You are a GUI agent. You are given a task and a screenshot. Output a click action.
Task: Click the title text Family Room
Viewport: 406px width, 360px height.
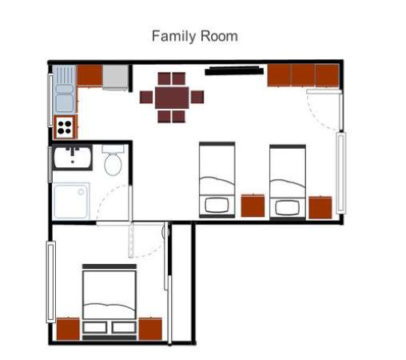[x=194, y=36]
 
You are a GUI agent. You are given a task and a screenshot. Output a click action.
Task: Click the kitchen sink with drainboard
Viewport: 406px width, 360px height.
[x=64, y=90]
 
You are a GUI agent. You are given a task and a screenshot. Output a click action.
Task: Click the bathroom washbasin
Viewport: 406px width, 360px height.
[x=74, y=158]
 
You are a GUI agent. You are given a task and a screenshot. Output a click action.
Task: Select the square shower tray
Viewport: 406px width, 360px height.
[x=73, y=200]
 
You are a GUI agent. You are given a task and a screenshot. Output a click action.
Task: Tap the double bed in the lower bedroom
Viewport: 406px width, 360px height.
[x=110, y=301]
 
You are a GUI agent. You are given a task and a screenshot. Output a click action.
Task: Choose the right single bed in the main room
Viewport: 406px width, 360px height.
[x=288, y=181]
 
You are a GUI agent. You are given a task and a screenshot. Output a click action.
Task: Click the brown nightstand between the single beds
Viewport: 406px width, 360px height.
[x=253, y=205]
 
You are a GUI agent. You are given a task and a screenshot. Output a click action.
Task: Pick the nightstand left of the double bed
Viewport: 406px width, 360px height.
[x=68, y=329]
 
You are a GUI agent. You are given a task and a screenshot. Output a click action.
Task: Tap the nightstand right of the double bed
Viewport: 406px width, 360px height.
[x=151, y=329]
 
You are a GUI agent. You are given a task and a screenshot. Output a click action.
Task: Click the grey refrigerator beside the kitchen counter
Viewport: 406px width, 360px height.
[x=116, y=77]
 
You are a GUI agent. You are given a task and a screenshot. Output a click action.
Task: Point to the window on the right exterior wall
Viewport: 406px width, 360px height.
[x=341, y=173]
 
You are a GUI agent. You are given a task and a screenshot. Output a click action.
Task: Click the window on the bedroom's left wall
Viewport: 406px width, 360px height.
[x=51, y=280]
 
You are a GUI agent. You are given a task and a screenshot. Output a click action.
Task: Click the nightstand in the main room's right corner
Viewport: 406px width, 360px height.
[x=320, y=206]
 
